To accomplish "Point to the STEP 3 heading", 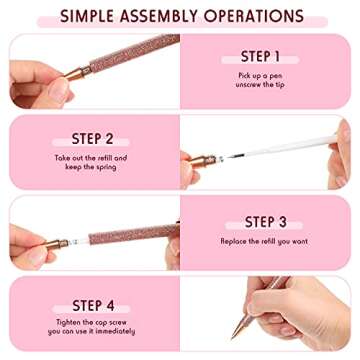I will point(266,222).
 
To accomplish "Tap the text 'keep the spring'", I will point(91,168).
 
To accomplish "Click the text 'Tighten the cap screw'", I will point(91,321).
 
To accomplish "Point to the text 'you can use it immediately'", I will point(91,332).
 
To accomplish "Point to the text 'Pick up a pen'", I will point(261,76).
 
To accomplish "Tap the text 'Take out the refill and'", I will point(91,158).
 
